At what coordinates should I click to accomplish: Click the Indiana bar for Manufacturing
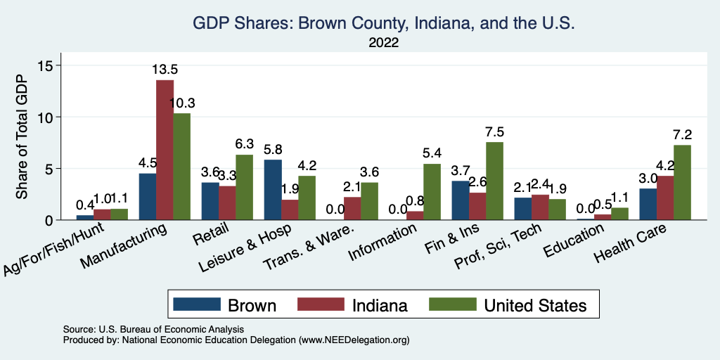165,150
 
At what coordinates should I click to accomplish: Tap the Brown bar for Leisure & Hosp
271,190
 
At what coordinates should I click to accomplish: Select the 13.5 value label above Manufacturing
165,70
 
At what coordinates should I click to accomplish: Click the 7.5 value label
495,131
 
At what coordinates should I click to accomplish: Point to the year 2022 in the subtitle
384,43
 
